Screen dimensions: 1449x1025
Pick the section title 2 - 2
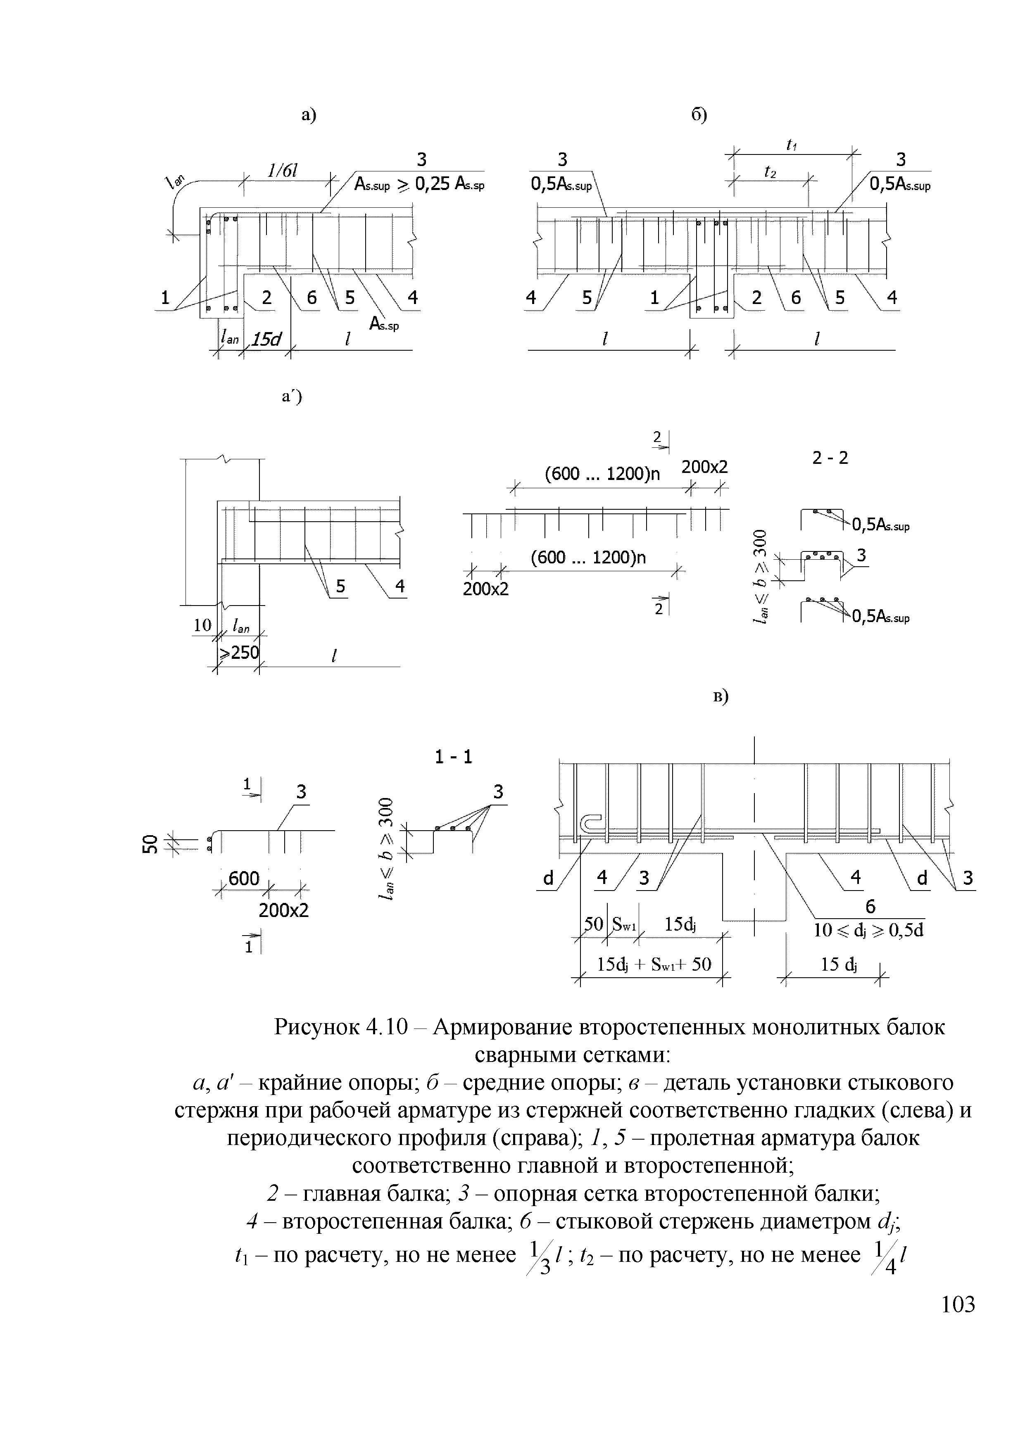point(830,458)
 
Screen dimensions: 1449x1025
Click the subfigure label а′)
point(292,397)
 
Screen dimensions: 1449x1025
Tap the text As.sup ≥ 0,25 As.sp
point(419,184)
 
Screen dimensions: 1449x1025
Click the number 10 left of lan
point(202,625)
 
